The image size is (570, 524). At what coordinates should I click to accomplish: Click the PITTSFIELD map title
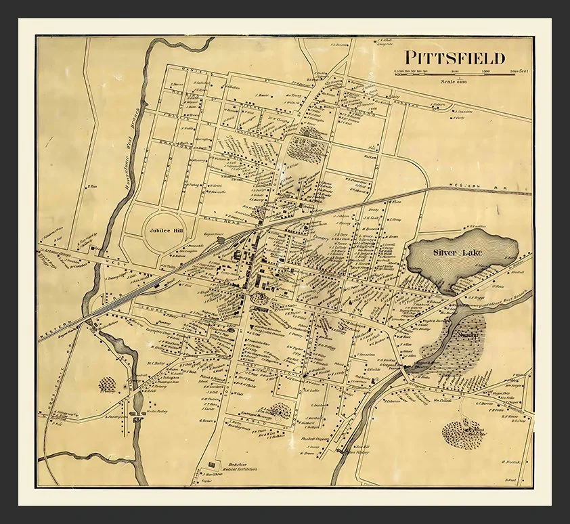point(455,58)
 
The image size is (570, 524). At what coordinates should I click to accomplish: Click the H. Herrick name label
point(510,462)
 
